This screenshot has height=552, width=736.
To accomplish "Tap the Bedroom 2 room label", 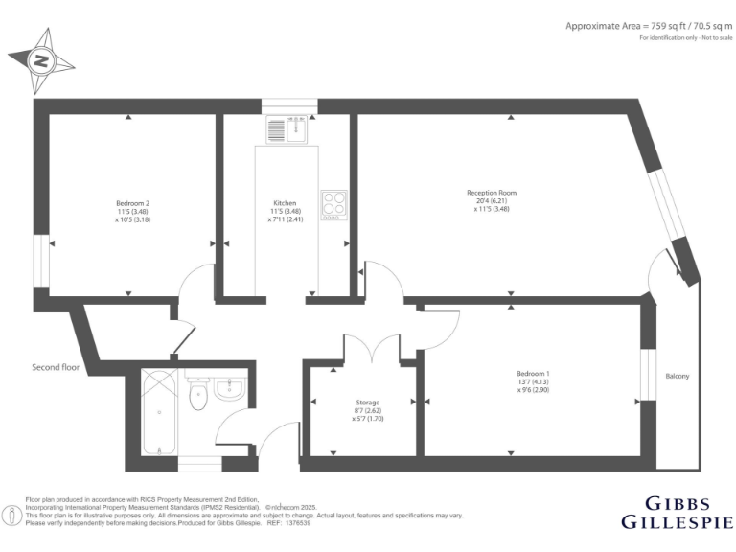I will [133, 203].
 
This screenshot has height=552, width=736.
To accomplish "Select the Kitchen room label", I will [285, 203].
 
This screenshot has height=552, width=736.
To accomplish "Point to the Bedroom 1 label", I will [533, 373].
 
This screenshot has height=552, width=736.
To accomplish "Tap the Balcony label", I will [677, 376].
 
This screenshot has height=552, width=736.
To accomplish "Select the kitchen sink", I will [286, 128].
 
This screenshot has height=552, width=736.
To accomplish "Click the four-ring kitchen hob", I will [333, 202].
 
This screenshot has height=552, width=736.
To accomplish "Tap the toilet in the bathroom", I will [198, 394].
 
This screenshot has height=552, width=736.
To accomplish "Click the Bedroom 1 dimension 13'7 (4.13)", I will [533, 382].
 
